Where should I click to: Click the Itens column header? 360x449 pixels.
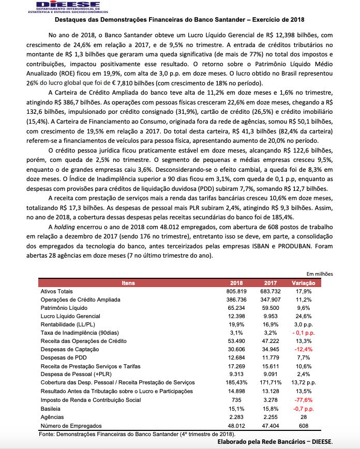point(128,283)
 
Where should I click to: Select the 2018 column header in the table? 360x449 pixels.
point(236,283)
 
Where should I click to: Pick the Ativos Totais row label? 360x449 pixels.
point(57,291)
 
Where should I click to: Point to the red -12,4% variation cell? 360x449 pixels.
point(304,349)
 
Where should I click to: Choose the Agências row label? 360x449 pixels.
point(52,417)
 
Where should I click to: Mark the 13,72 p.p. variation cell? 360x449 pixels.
point(304,382)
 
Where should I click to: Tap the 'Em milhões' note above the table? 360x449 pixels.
point(320,274)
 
